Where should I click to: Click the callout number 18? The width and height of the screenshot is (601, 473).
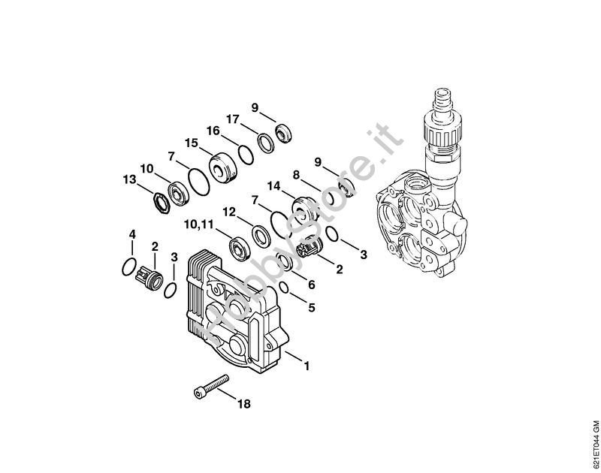click(x=243, y=404)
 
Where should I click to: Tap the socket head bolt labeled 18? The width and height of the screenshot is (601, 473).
click(x=210, y=387)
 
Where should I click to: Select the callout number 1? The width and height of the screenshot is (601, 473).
click(x=307, y=366)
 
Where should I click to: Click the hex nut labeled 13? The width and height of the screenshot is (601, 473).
click(x=161, y=202)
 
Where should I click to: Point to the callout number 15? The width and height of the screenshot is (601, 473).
click(x=192, y=143)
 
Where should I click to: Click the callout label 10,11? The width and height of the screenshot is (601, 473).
click(x=198, y=224)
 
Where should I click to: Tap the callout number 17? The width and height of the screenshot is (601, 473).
click(x=233, y=119)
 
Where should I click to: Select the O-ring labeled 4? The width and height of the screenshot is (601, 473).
click(x=128, y=267)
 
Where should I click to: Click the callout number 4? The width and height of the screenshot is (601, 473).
click(x=132, y=234)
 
